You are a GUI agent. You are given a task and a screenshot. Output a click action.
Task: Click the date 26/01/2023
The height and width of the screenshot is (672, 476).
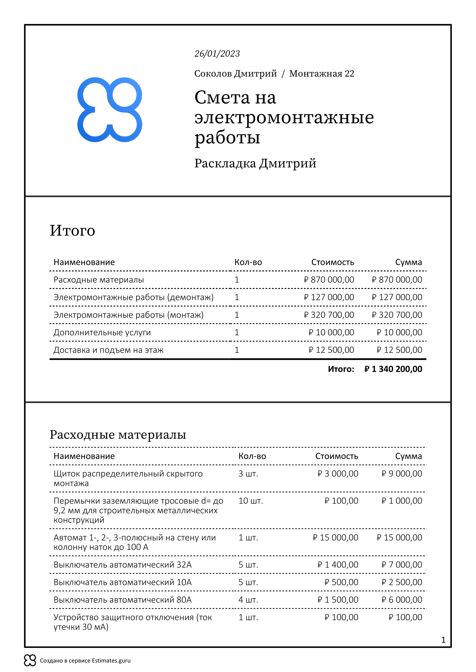tap(217, 53)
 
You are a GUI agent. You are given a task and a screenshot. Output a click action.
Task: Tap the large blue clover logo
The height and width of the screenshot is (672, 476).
tap(110, 110)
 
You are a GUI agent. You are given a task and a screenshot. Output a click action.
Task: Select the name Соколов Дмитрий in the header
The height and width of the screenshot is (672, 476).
tap(235, 74)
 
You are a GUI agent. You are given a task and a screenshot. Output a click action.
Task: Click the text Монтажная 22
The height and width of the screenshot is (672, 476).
tap(321, 74)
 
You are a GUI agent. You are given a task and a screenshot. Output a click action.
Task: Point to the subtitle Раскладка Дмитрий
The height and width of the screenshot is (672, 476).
tap(255, 163)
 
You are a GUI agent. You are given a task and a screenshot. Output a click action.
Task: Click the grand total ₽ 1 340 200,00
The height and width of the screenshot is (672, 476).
tap(393, 369)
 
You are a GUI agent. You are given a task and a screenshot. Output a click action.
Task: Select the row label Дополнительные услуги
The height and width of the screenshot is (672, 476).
tap(102, 332)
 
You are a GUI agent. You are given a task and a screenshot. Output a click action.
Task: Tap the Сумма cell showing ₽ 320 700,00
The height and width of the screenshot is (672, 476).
tap(397, 315)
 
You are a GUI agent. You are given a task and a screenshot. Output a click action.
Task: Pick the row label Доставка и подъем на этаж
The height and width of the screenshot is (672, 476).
tap(108, 350)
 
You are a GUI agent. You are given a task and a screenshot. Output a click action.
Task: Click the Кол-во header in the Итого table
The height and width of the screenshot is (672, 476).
tap(248, 262)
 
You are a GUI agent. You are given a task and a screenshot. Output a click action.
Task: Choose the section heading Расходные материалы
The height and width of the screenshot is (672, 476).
tap(118, 435)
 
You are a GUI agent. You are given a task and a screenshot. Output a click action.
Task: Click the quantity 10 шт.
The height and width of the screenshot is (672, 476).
tap(251, 501)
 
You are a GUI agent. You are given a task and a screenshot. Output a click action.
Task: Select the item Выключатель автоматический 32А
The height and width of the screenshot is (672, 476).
tap(123, 565)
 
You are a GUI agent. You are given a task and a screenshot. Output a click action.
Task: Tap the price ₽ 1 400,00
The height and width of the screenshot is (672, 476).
tap(338, 565)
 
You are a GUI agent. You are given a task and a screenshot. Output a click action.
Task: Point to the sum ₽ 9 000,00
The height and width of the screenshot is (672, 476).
tap(401, 473)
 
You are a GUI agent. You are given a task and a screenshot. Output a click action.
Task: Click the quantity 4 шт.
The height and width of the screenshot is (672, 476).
tap(248, 600)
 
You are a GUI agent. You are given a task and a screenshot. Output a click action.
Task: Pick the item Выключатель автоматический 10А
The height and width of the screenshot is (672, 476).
tap(123, 582)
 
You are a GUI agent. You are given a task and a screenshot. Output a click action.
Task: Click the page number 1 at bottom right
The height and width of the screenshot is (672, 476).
tap(443, 640)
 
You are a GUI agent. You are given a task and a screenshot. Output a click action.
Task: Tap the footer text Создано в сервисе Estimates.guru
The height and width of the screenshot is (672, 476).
tap(85, 661)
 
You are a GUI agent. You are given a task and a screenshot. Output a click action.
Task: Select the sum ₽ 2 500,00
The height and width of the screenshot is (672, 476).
tap(401, 582)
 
